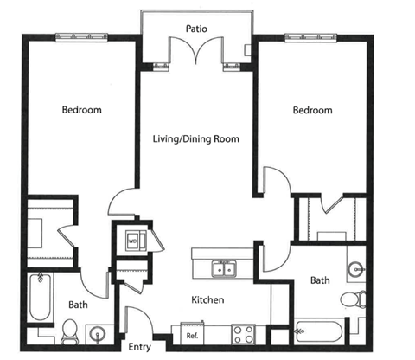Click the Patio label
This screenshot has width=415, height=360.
(196, 29)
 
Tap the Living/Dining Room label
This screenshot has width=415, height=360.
(196, 139)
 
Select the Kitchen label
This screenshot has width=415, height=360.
(207, 300)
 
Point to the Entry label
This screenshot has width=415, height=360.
(140, 347)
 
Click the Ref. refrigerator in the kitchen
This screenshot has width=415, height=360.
(192, 334)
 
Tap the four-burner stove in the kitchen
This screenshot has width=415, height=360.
(243, 334)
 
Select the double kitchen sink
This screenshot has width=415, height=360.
(224, 269)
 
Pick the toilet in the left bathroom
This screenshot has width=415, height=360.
(69, 331)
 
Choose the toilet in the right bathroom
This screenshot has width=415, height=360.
(353, 299)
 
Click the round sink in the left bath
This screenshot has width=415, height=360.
(98, 335)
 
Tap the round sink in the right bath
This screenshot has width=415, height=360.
(356, 270)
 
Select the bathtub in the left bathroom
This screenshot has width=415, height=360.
(40, 297)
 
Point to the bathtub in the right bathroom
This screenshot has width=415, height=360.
(318, 331)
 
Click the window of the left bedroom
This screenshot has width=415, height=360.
(81, 37)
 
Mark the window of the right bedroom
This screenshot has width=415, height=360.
(311, 37)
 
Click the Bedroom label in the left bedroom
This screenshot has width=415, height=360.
(82, 110)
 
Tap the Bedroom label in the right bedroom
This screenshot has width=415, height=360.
(313, 110)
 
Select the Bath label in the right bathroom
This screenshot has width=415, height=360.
(320, 280)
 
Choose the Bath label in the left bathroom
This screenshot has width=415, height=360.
(78, 305)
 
